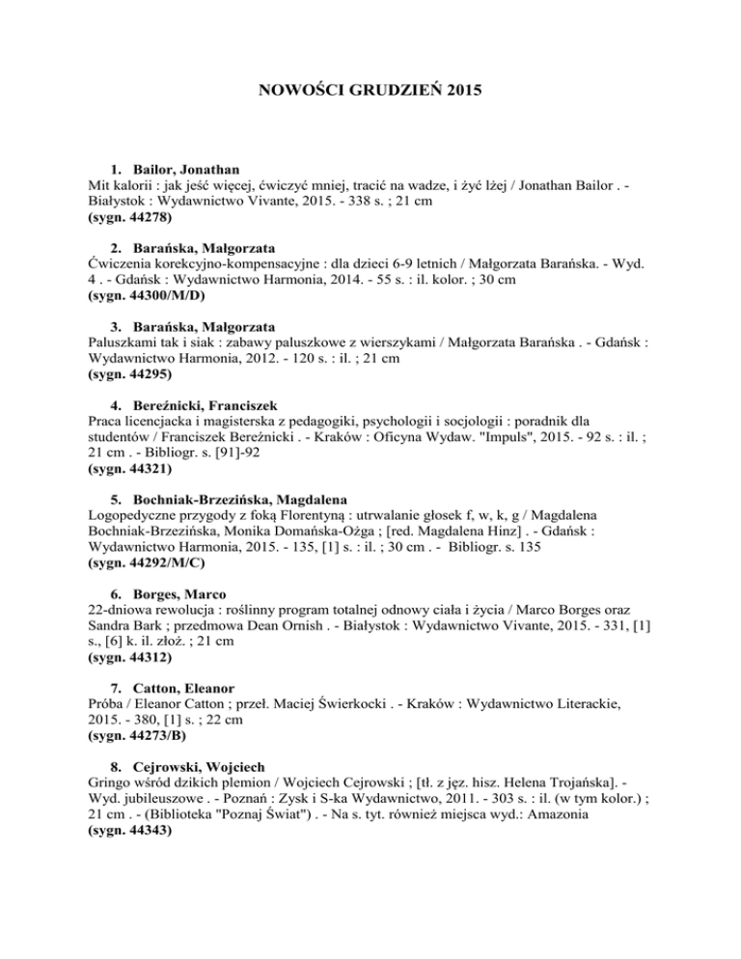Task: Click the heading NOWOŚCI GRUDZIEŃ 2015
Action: tap(370, 95)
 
